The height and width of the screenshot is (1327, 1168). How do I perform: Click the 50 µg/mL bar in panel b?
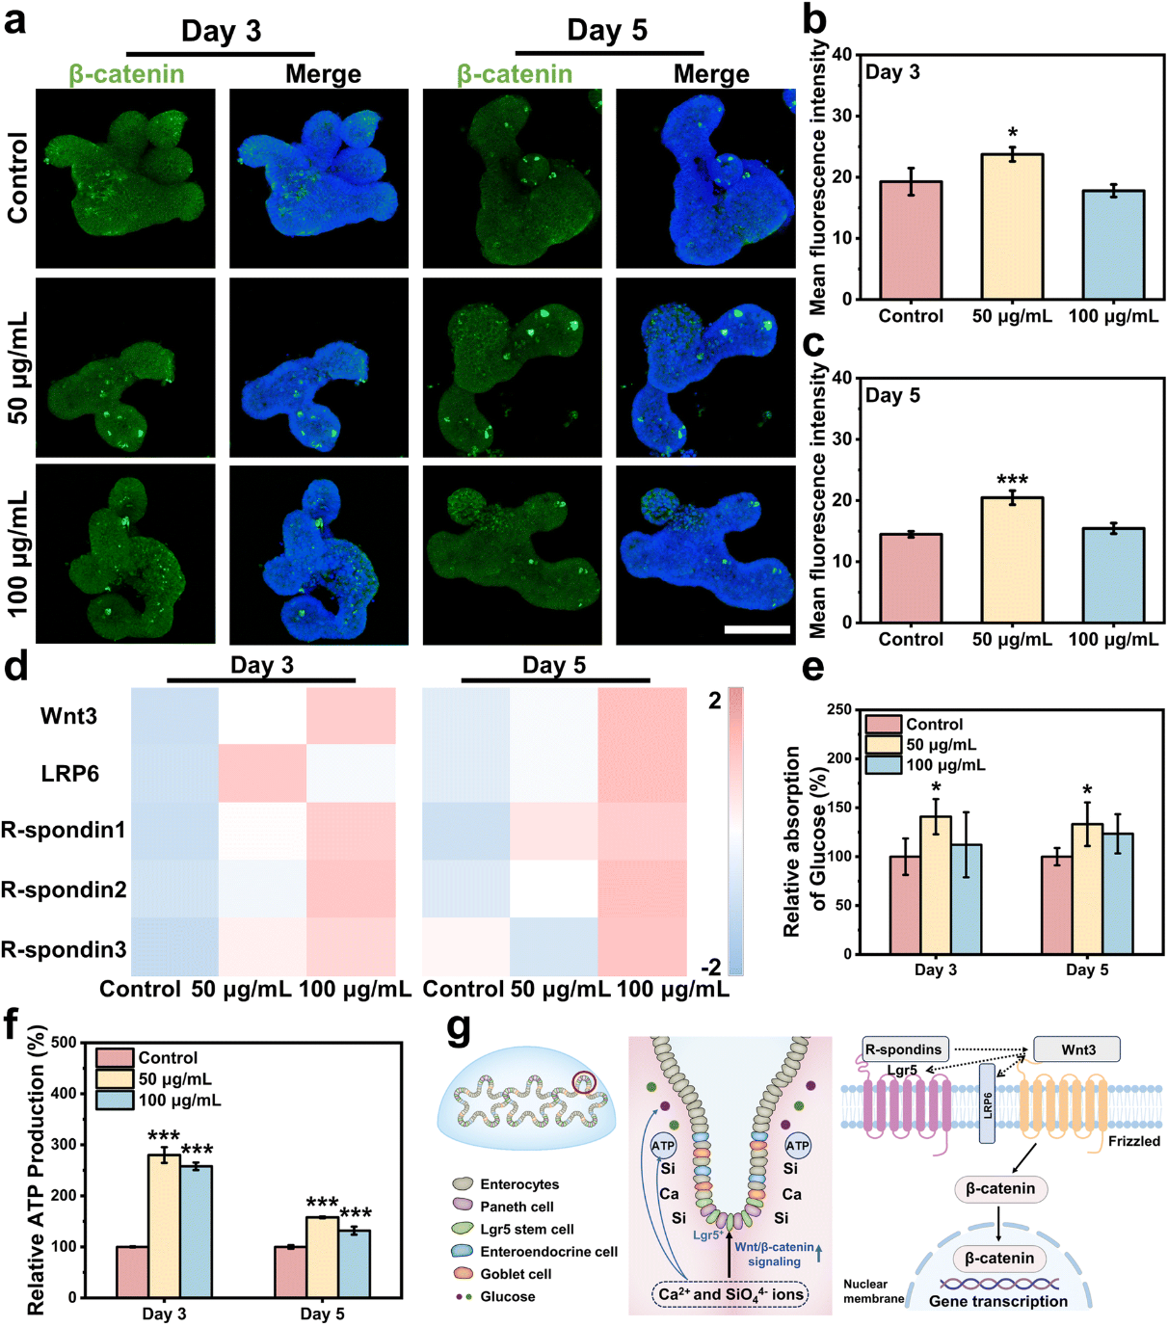[1012, 226]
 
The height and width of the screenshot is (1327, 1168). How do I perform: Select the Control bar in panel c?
[911, 578]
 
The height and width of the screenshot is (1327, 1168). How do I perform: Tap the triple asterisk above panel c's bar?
[1012, 480]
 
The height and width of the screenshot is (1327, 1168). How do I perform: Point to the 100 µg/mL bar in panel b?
[1113, 245]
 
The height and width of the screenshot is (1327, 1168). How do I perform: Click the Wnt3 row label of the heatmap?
[69, 716]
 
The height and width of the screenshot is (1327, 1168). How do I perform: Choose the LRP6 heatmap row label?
[69, 774]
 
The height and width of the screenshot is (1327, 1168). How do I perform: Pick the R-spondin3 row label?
[64, 949]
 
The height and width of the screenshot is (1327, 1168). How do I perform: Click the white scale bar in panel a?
[757, 629]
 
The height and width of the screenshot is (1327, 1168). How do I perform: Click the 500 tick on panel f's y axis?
[66, 1042]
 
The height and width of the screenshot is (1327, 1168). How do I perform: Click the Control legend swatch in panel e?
[883, 725]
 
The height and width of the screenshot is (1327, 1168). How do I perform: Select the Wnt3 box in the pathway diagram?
[1077, 1049]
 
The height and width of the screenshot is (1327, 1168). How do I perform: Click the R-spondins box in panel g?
[905, 1049]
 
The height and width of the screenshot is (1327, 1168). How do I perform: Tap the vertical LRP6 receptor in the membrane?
[987, 1103]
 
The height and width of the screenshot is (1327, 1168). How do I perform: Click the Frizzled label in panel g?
[1133, 1141]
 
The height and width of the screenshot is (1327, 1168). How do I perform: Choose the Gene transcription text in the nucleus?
[997, 1301]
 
